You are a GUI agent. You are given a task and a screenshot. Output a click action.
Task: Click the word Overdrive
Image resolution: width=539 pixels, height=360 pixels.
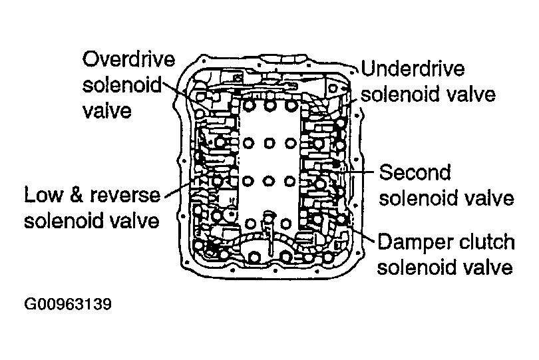coord(128,60)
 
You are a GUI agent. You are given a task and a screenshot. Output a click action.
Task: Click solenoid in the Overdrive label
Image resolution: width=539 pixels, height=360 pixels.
coord(122,85)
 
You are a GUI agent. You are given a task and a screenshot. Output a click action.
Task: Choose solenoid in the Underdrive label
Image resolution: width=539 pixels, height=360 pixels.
coord(401,94)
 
